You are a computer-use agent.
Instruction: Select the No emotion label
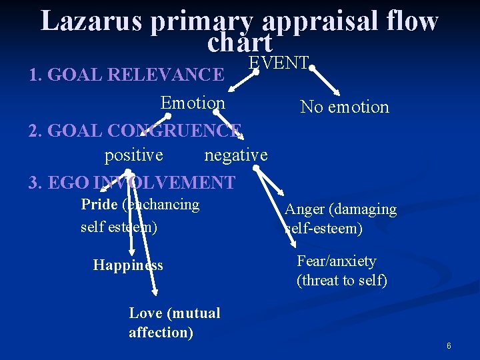(345, 107)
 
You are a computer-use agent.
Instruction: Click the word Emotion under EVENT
(193, 103)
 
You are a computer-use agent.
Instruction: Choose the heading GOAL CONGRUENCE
(144, 131)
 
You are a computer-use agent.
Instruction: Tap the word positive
(133, 155)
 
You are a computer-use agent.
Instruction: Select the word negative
(236, 155)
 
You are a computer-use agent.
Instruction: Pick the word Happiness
(128, 265)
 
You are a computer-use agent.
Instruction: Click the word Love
(146, 313)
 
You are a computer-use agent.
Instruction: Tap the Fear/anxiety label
(336, 261)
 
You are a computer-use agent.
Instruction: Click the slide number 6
(449, 346)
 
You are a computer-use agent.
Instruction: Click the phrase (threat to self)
(341, 281)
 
